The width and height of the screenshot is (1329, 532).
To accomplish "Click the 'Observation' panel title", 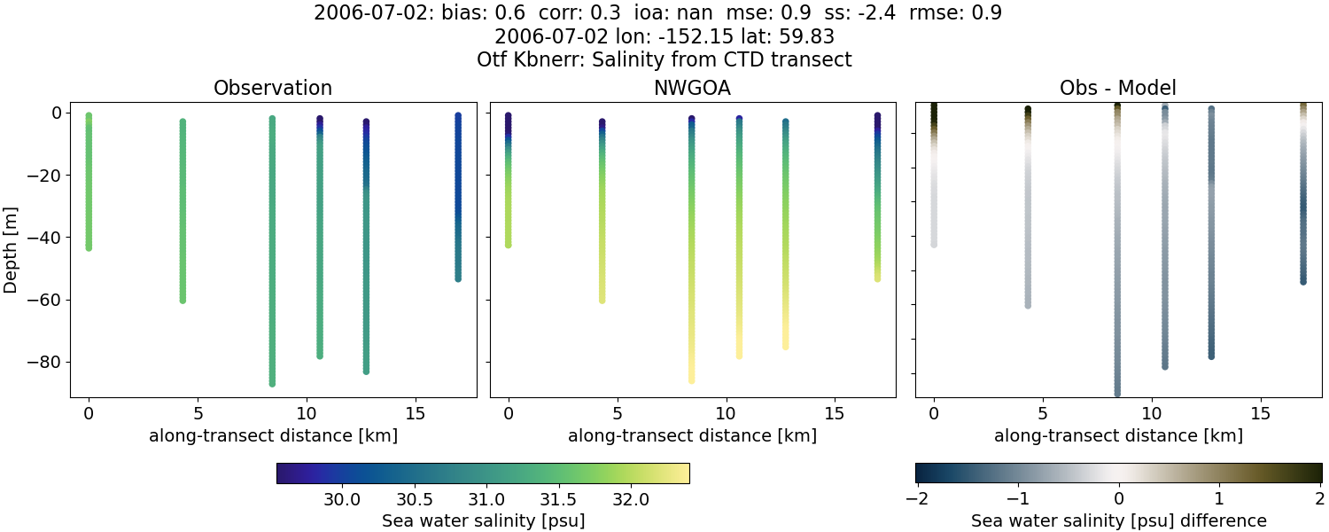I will click(273, 89).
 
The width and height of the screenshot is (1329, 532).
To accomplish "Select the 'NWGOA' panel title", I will click(692, 89).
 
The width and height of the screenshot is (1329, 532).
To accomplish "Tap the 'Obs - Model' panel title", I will click(1118, 89).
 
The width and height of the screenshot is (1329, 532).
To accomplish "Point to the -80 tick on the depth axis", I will click(45, 363).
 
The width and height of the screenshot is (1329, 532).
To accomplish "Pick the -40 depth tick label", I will click(45, 238).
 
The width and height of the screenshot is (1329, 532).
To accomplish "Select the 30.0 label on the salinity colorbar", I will click(342, 499).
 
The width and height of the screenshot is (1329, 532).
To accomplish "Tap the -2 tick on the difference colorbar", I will click(916, 499).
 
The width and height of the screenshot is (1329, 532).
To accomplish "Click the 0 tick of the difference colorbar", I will click(1118, 499).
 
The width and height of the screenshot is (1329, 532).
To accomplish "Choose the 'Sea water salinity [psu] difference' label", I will click(1118, 520).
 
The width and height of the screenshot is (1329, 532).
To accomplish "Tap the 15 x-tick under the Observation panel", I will click(415, 414).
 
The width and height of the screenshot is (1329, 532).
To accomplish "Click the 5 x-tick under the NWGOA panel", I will click(617, 414).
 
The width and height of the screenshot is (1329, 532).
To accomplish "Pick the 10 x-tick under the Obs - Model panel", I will click(1152, 414).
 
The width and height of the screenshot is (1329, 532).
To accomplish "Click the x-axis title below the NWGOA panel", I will click(692, 435).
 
